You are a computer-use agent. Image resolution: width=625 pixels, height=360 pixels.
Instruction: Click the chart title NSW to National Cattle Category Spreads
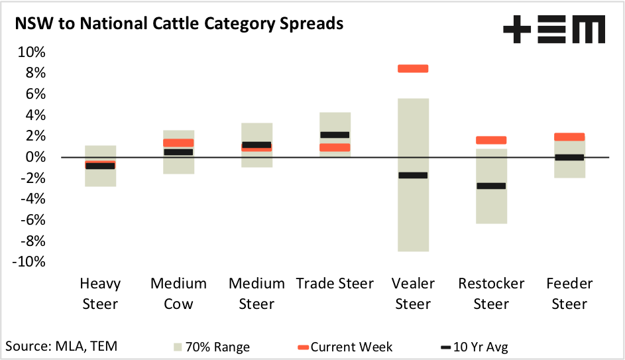point(179,25)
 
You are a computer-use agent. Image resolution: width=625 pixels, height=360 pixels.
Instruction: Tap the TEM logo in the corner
point(554,30)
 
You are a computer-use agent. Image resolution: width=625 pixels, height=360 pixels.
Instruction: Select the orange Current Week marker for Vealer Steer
point(413,68)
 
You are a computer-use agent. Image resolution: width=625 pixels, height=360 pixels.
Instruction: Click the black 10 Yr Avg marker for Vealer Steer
point(413,175)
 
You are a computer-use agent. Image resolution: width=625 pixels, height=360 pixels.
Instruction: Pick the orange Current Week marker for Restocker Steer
point(491,140)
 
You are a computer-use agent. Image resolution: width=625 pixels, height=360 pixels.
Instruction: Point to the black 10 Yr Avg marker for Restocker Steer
point(491,186)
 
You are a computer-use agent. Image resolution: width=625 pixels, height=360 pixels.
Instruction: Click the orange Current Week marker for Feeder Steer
point(569,137)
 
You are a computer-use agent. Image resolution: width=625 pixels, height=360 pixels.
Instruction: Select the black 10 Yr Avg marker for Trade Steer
point(335,135)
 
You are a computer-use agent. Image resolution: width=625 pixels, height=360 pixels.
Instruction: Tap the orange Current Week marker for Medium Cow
point(178,143)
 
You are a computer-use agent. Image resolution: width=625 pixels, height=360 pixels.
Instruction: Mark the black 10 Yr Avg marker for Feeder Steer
point(569,157)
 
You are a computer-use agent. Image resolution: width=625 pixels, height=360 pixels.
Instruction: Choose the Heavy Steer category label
point(100,294)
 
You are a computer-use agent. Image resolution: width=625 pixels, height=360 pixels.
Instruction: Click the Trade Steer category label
point(335,284)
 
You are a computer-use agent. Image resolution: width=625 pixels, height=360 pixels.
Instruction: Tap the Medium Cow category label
point(178,294)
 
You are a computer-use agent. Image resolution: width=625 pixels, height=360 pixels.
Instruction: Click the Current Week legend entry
point(345,347)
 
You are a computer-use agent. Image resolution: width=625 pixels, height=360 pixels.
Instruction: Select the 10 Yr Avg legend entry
point(474,347)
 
